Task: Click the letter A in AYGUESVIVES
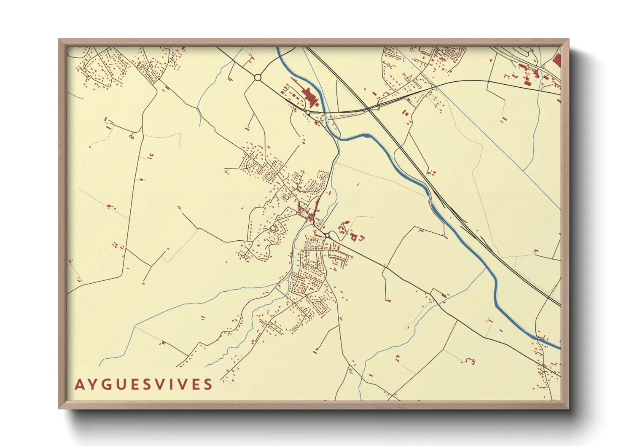(x=79, y=384)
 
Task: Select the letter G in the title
(x=107, y=384)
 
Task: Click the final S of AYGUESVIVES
(x=208, y=384)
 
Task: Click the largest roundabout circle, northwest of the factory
(x=258, y=78)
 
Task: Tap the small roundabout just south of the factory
(x=308, y=113)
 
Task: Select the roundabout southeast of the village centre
(x=327, y=235)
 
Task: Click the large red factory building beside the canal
(x=311, y=98)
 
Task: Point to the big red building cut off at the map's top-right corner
(x=557, y=60)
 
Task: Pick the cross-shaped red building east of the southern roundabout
(x=354, y=237)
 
